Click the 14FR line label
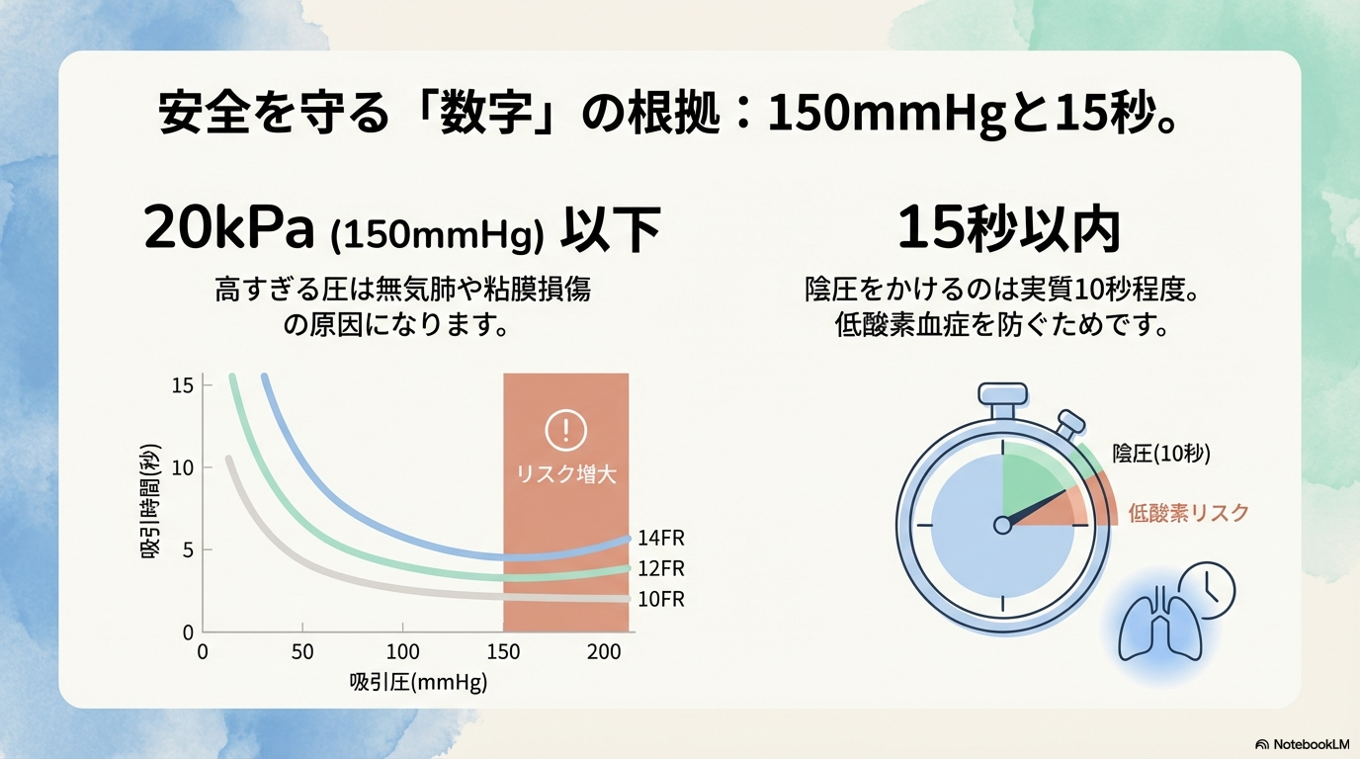[x=661, y=539]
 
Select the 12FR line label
[x=661, y=569]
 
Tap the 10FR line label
[x=661, y=600]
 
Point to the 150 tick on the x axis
[x=503, y=652]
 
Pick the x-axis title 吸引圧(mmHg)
[x=418, y=682]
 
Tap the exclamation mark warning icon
[x=565, y=430]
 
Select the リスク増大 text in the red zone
[x=566, y=474]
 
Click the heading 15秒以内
[x=1008, y=229]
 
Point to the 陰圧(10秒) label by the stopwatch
[x=1161, y=454]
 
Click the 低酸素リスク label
[x=1188, y=513]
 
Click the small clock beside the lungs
[x=1208, y=590]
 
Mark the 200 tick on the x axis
[x=603, y=652]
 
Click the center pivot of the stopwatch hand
[x=1003, y=525]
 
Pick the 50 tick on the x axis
[x=302, y=652]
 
